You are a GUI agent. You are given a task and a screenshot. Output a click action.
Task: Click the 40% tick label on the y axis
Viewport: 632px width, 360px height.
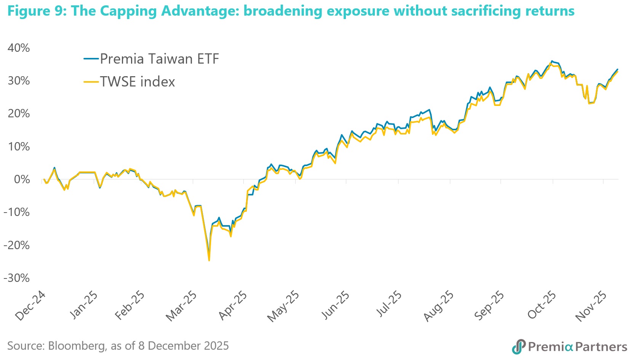click(x=19, y=48)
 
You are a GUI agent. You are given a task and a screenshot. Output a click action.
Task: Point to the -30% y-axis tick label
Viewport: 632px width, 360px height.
click(x=16, y=278)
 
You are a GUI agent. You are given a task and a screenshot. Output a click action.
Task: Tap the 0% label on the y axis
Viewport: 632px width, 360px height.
click(x=22, y=179)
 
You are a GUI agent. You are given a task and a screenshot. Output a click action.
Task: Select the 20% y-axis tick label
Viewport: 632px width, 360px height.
click(x=19, y=114)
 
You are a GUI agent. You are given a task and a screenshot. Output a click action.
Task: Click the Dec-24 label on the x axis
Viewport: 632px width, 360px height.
click(x=30, y=306)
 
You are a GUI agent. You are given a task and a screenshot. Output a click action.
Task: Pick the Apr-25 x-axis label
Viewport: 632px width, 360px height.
click(x=232, y=306)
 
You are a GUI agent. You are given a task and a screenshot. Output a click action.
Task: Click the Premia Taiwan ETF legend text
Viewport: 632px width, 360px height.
click(x=159, y=59)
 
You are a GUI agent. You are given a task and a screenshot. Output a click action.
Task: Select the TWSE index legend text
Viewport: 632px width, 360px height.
click(x=138, y=82)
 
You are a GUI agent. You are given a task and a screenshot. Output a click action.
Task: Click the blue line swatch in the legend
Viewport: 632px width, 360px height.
click(x=91, y=59)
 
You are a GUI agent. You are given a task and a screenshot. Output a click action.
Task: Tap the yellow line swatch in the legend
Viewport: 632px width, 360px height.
click(x=91, y=82)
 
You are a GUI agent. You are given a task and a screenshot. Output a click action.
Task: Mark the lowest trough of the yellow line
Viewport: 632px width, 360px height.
click(x=209, y=260)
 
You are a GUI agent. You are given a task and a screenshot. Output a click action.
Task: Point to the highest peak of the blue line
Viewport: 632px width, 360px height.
click(x=552, y=61)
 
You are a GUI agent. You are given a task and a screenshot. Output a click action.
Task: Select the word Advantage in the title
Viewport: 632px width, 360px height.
click(x=200, y=11)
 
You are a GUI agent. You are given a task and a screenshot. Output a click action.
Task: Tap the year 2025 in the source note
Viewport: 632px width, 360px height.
click(x=214, y=346)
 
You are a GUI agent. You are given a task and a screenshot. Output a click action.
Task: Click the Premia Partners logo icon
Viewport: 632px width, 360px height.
click(x=518, y=346)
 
